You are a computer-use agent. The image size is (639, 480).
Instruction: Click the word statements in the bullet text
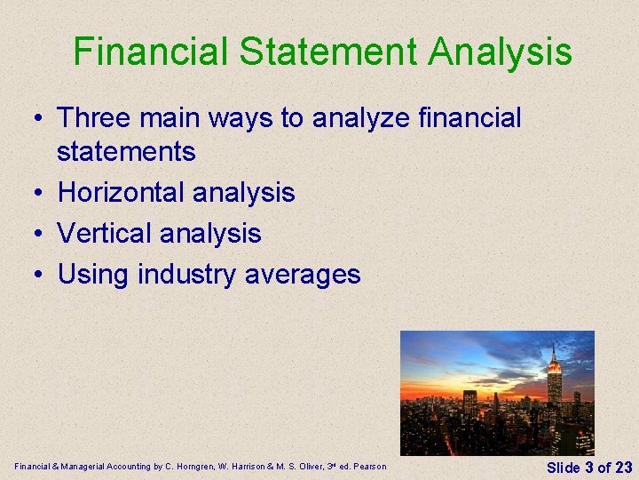[126, 151]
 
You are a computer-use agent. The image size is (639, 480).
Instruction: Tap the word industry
[185, 274]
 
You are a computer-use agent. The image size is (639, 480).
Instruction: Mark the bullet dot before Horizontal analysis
[42, 193]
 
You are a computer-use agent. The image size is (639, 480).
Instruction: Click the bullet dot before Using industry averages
[42, 275]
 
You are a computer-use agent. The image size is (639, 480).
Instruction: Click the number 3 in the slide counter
[588, 467]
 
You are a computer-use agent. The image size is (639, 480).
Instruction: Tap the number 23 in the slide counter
[623, 467]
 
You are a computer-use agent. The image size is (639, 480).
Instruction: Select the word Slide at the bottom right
[563, 467]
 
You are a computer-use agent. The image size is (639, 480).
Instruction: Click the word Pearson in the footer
[371, 467]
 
